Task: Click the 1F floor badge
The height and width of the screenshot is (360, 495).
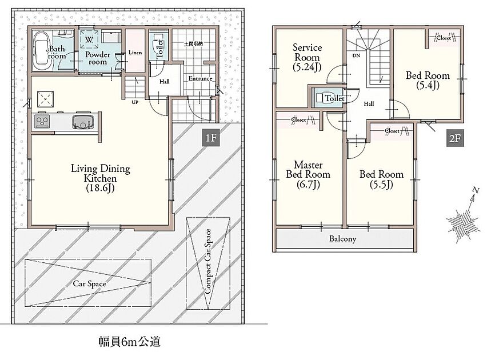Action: (210, 138)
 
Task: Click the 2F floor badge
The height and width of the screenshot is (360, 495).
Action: (455, 138)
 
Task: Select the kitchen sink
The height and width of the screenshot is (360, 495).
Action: (83, 122)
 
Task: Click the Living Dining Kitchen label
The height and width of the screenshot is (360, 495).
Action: (101, 178)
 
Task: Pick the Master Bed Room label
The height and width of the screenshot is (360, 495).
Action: (308, 174)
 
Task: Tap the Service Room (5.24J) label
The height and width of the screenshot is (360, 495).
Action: (307, 57)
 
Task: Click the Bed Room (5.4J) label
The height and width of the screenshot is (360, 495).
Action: (428, 80)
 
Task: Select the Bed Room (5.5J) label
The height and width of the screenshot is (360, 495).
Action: (381, 179)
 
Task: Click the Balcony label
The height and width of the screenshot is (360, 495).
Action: (342, 239)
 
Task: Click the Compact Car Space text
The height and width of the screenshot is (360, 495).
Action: (207, 262)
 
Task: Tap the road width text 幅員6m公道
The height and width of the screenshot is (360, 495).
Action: (130, 341)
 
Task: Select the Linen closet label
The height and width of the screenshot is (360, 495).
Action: (135, 53)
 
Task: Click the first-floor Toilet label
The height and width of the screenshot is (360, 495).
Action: (160, 48)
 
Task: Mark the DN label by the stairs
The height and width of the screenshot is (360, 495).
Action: (357, 55)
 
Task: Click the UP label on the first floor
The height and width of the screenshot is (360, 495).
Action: (135, 102)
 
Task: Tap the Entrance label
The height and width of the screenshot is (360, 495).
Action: (201, 78)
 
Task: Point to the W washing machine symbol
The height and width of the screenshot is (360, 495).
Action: (89, 40)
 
